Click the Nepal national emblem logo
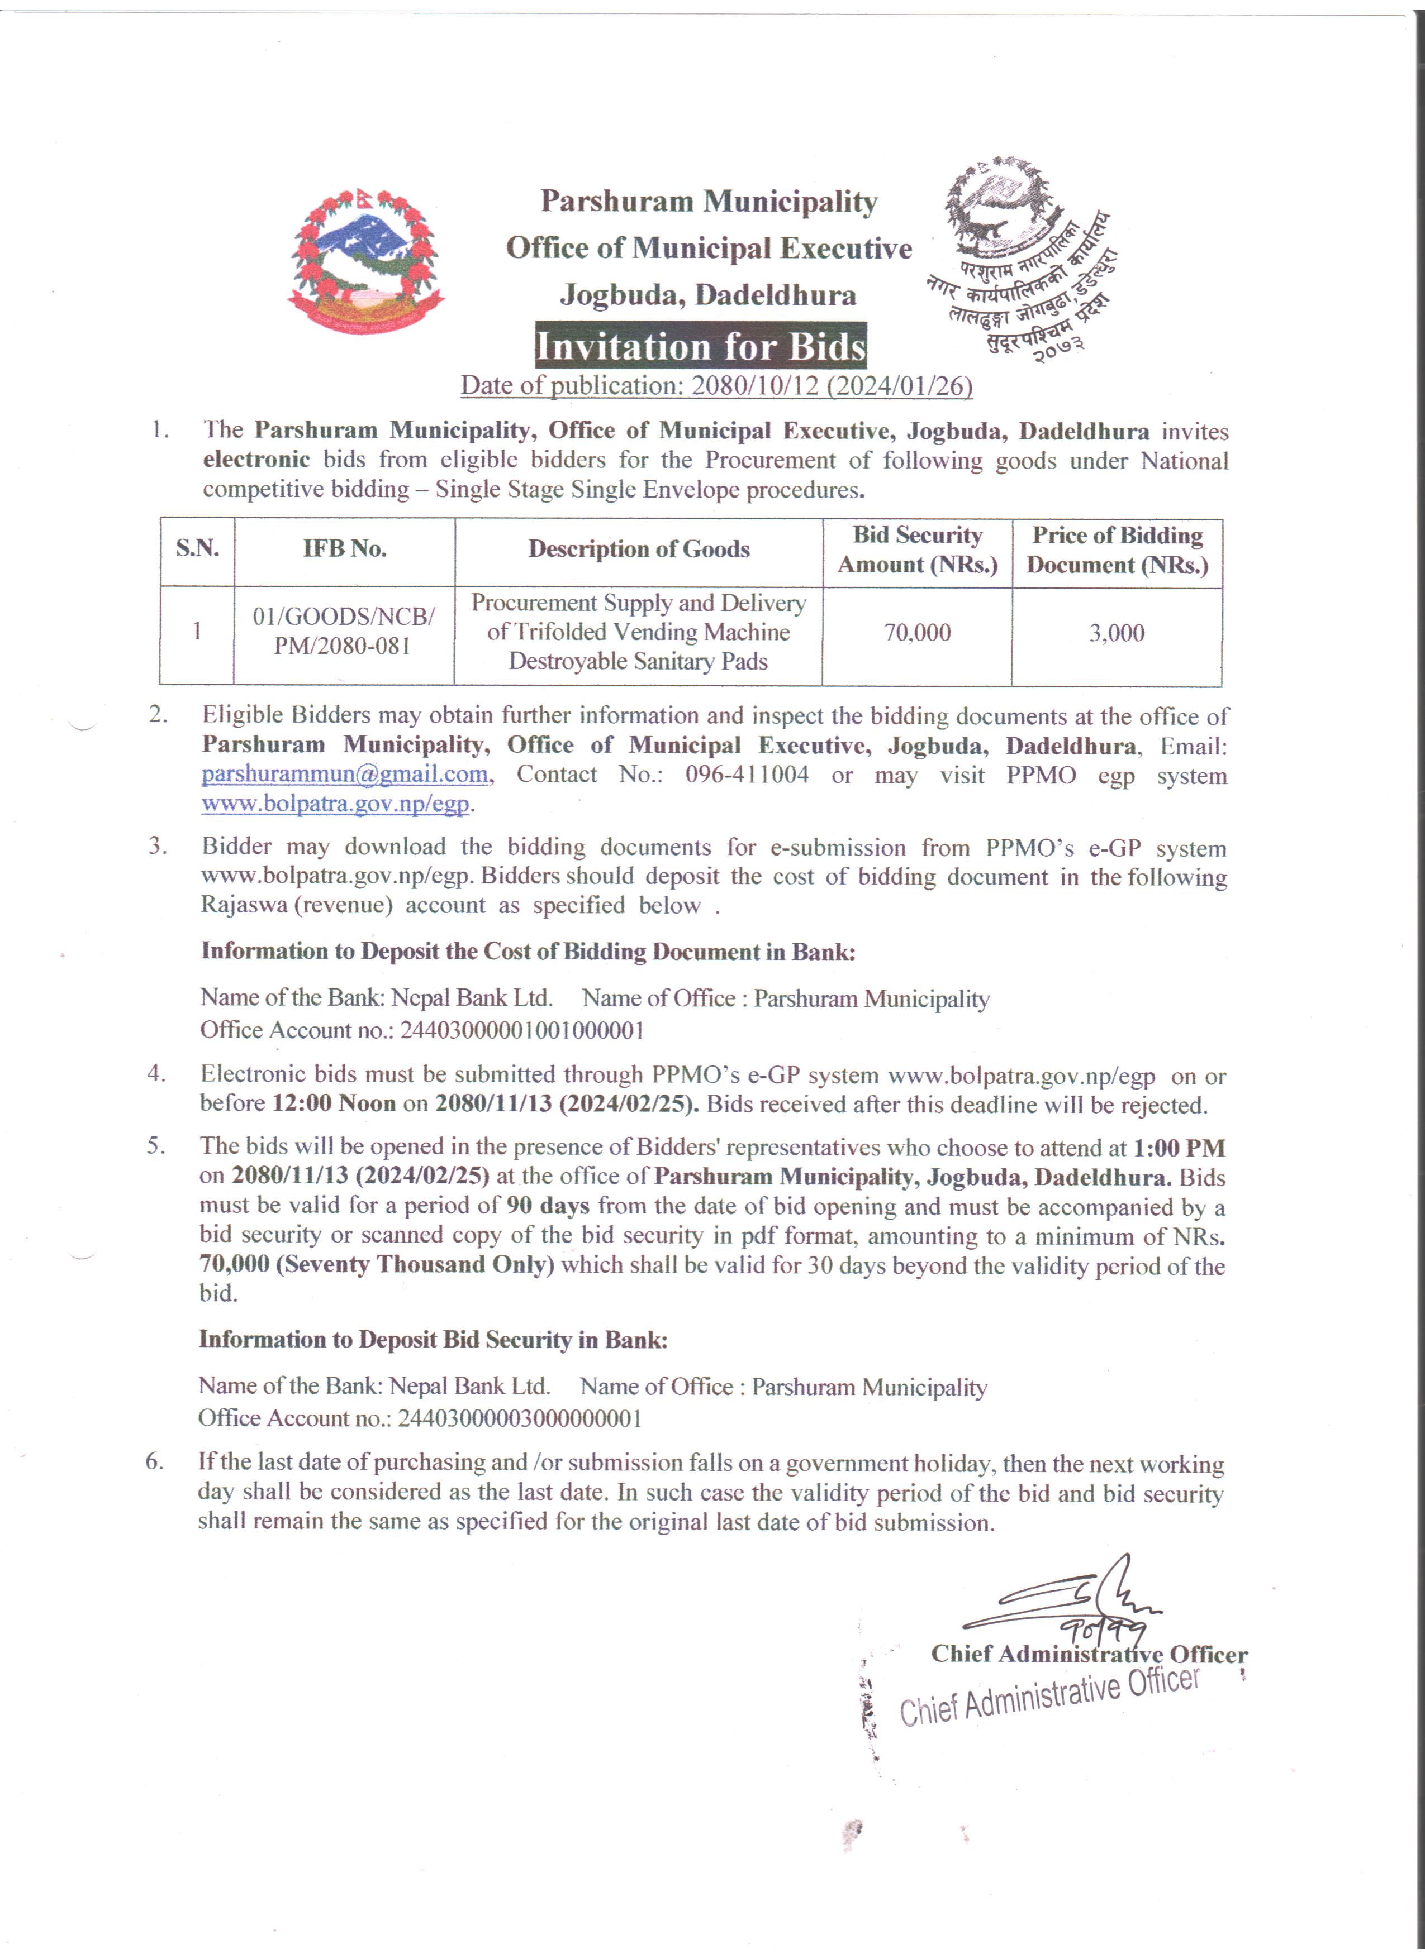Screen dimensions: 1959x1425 click(x=365, y=260)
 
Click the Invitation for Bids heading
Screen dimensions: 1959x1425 click(x=700, y=346)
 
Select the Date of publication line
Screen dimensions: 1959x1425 click(x=716, y=385)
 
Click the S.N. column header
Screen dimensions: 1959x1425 click(x=197, y=550)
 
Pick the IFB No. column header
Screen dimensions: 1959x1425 click(x=344, y=550)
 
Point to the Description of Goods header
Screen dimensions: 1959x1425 click(x=639, y=550)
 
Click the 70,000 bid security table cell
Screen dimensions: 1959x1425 click(x=917, y=633)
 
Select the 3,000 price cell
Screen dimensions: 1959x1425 click(x=1117, y=633)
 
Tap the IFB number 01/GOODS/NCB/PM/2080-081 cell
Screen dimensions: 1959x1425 click(x=343, y=632)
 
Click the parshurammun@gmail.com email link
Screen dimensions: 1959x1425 click(x=345, y=774)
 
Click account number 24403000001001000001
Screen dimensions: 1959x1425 click(x=521, y=1030)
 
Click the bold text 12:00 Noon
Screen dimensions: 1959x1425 click(x=334, y=1104)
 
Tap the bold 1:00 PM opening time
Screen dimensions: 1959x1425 click(x=1179, y=1148)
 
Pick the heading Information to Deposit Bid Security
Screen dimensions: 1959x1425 click(x=433, y=1340)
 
